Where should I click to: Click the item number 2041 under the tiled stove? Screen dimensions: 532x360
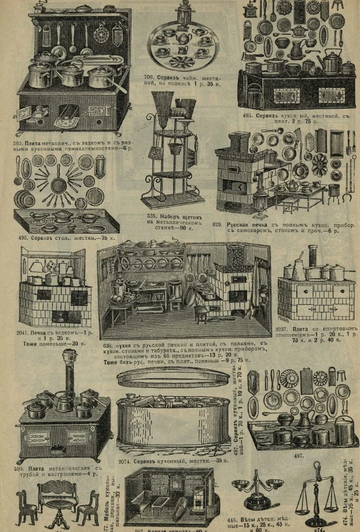[x=29, y=332]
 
